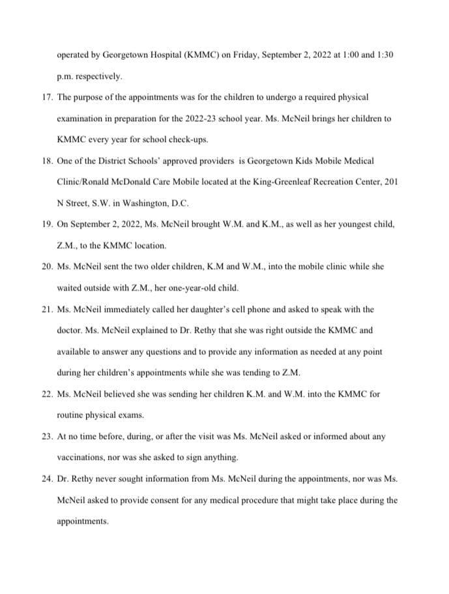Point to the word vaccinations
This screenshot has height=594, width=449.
coord(82,457)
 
